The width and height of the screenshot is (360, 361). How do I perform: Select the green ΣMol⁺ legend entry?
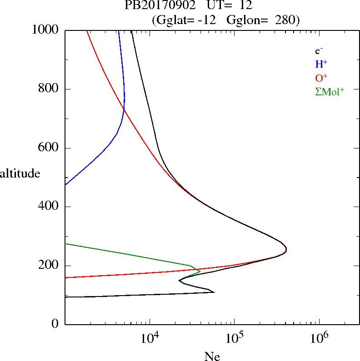tap(329, 91)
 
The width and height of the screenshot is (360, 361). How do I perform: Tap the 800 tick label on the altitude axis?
tap(50, 89)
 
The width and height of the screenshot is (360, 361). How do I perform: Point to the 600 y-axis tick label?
tap(50, 148)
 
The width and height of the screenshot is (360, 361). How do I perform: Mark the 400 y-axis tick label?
tap(50, 207)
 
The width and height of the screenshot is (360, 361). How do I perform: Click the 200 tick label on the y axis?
tap(50, 266)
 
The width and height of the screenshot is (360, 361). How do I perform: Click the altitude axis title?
tap(20, 173)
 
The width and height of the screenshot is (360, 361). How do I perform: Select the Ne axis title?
tap(212, 356)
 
